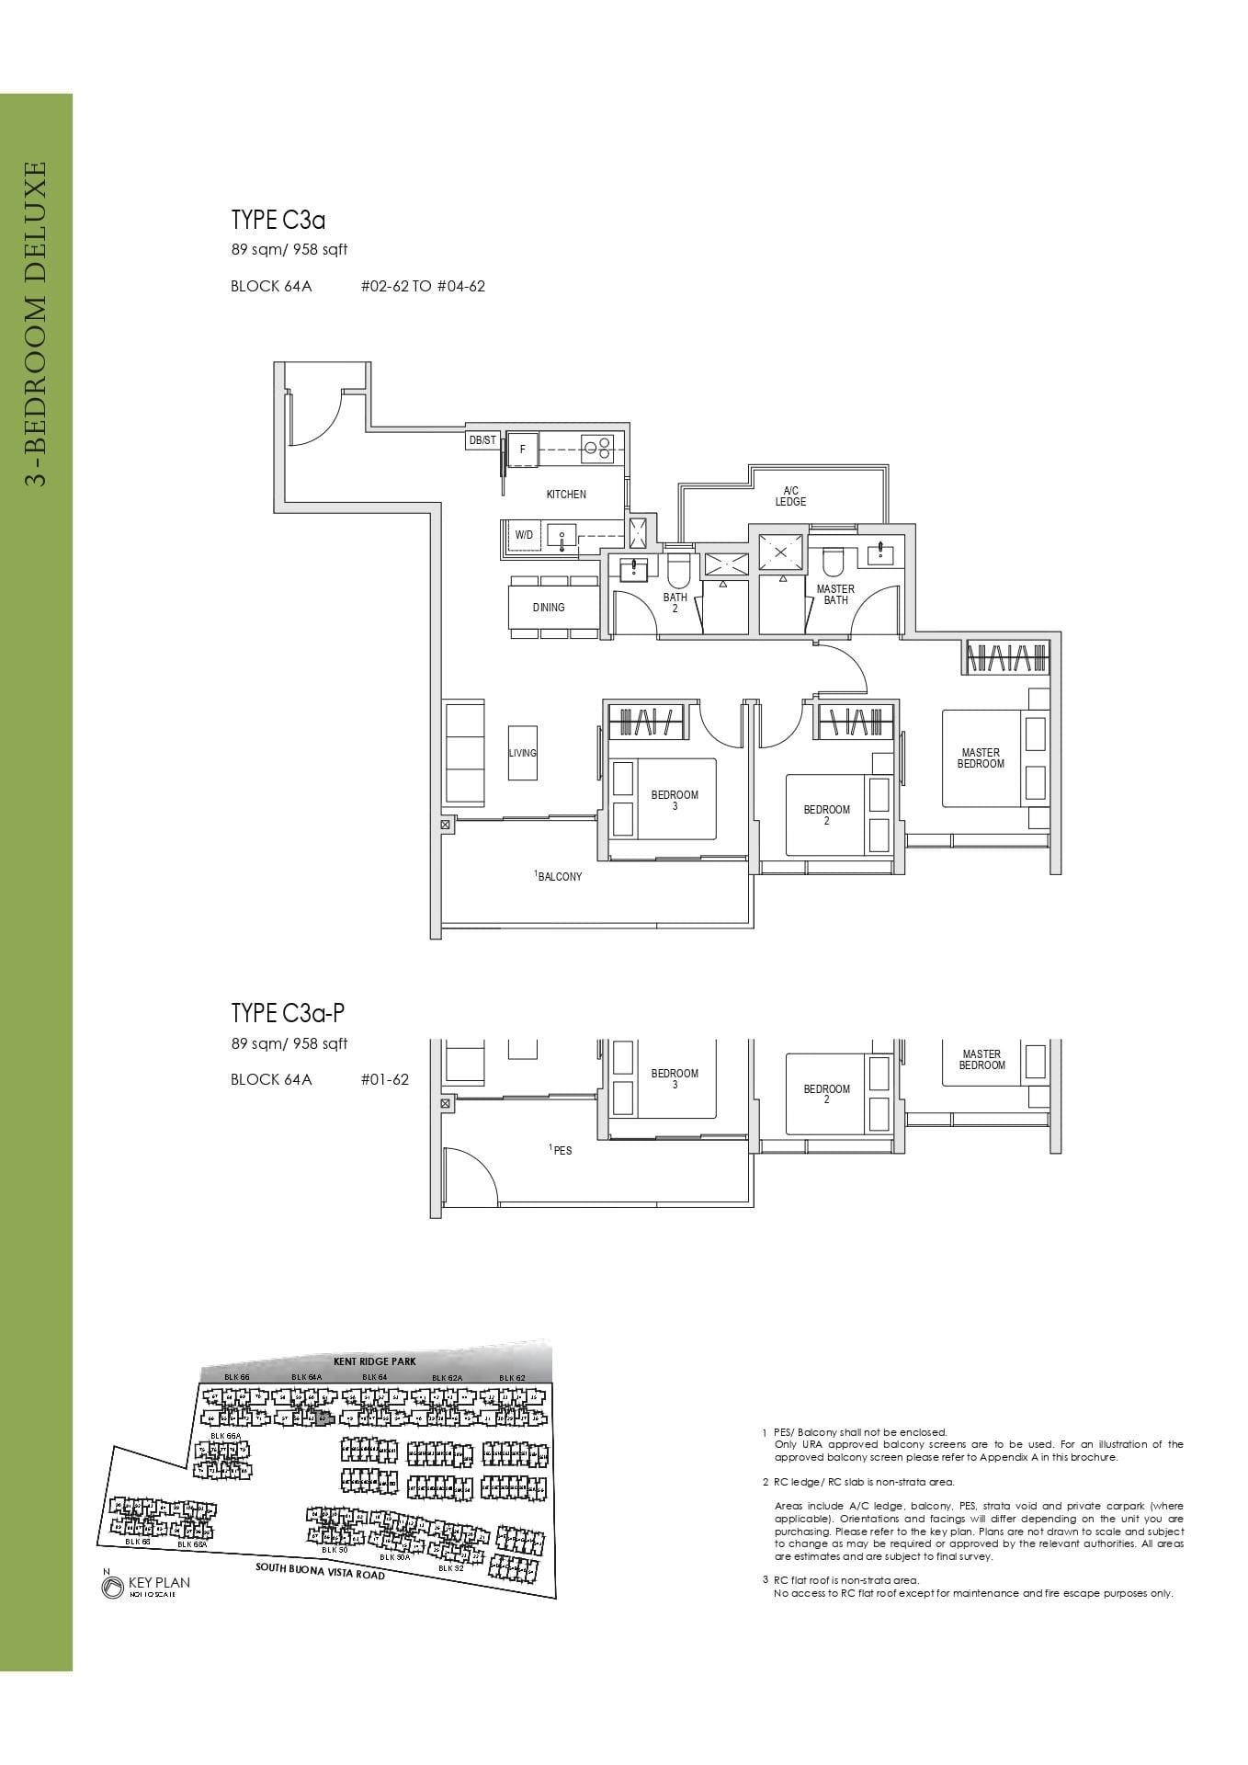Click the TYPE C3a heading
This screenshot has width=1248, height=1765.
point(278,221)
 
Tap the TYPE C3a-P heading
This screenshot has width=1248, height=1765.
point(288,1014)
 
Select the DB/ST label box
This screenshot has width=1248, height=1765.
point(482,441)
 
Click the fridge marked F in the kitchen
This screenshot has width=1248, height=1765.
point(523,450)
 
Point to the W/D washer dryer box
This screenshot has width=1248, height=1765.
point(524,535)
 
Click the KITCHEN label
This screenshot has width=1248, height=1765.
point(566,495)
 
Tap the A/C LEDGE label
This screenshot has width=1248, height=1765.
point(790,496)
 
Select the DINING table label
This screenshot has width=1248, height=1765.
point(549,608)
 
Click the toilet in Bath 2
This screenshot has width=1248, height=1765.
point(679,570)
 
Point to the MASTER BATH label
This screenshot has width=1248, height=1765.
point(835,595)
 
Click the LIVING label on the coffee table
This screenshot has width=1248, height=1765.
point(522,753)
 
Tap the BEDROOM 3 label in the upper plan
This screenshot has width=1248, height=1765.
point(675,801)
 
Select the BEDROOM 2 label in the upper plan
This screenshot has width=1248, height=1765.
point(826,815)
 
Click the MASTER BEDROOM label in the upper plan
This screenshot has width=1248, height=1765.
point(981,758)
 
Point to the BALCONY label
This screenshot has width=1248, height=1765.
point(559,877)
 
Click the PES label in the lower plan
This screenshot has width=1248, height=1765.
point(561,1150)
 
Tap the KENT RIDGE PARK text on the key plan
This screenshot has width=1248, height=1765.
point(375,1361)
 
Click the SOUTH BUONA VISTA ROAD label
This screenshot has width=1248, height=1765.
point(320,1570)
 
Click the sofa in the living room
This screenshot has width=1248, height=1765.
point(464,753)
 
